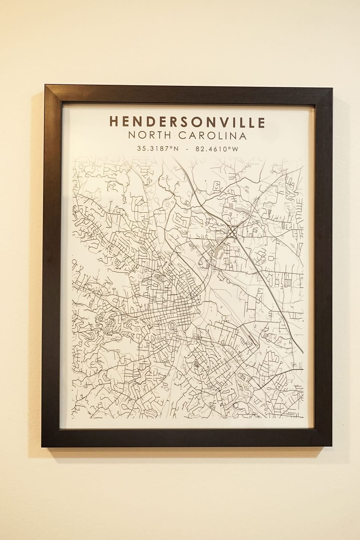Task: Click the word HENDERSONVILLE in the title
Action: point(187,122)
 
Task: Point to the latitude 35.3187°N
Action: point(158,148)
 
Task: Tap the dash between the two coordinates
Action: point(187,149)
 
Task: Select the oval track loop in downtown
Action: point(172,325)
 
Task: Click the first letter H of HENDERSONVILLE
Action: point(114,122)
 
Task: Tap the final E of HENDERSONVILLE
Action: point(261,122)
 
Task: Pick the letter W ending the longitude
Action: point(235,148)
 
